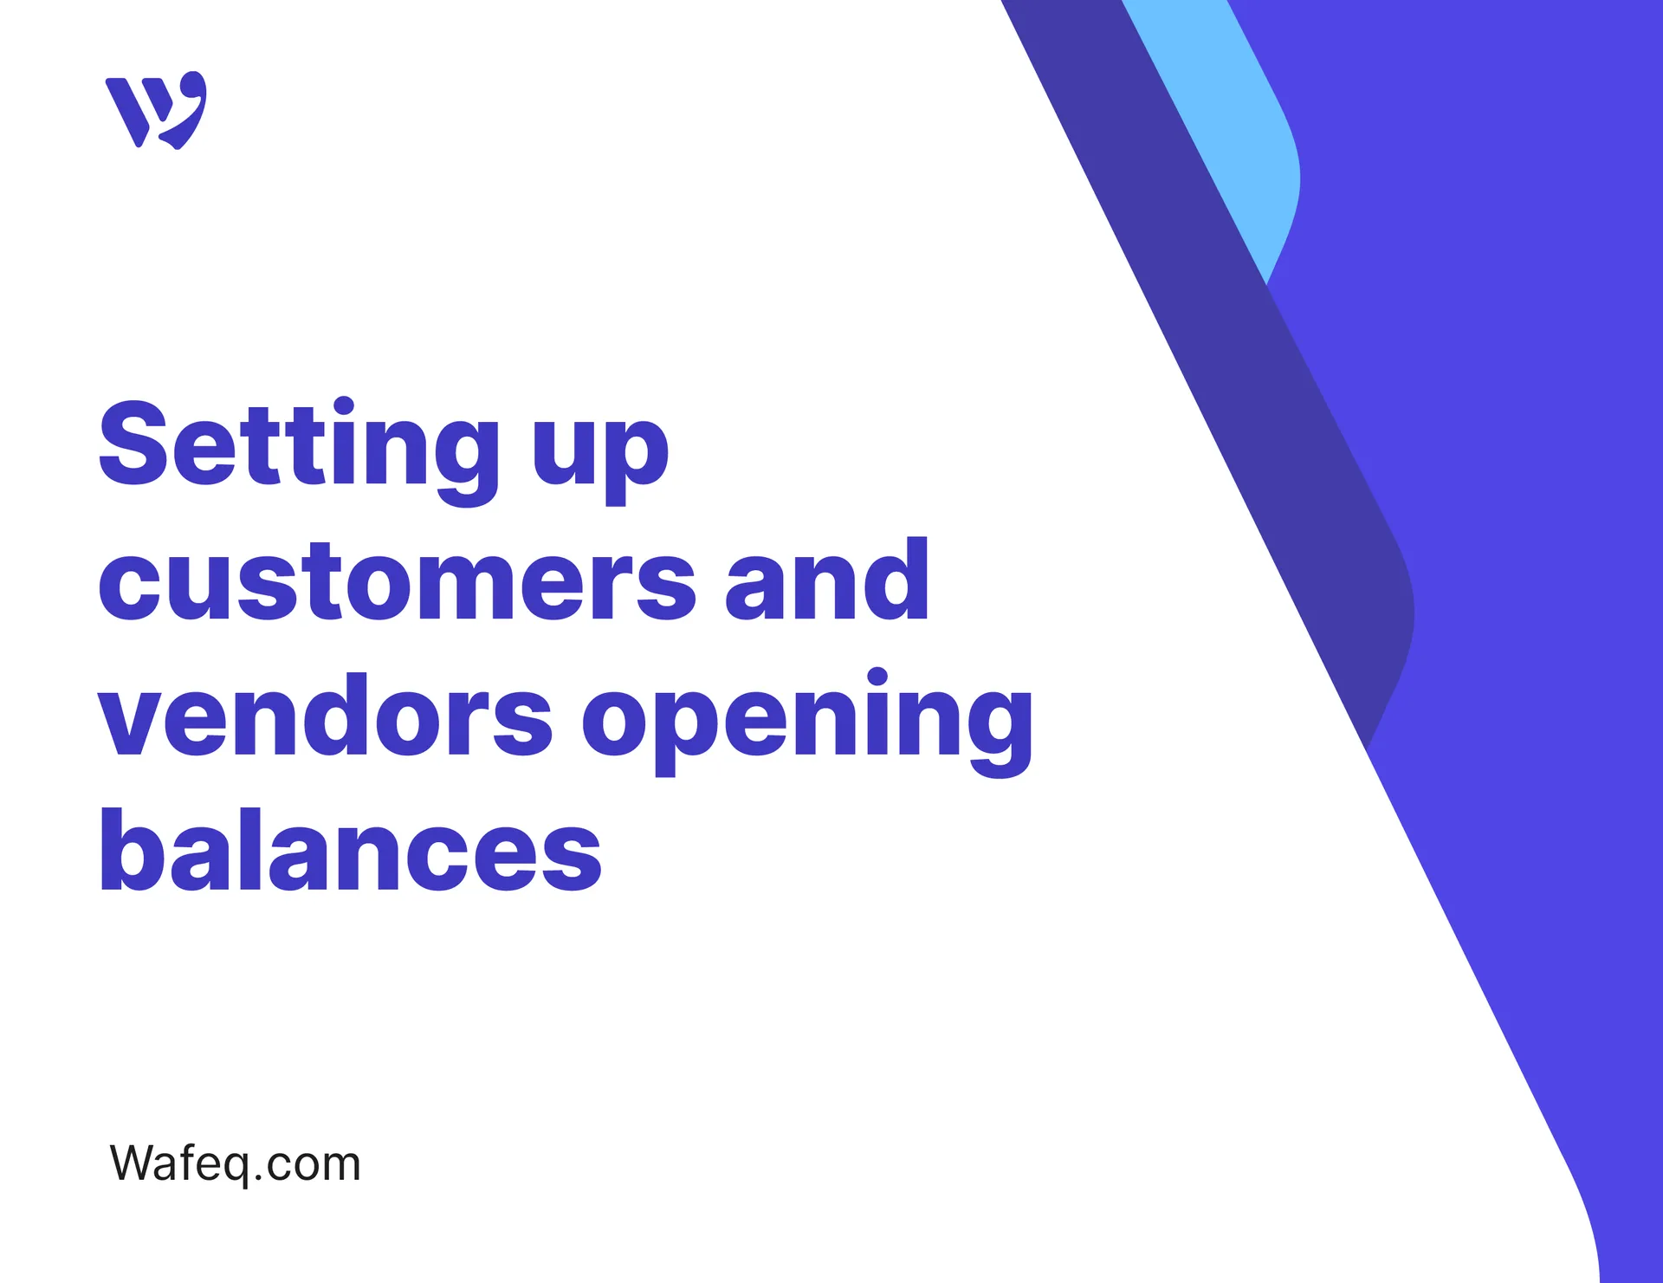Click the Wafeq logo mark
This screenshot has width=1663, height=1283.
click(156, 110)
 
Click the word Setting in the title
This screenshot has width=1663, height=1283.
click(299, 446)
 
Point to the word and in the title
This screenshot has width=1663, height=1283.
click(827, 580)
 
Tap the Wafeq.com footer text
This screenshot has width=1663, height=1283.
click(235, 1163)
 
